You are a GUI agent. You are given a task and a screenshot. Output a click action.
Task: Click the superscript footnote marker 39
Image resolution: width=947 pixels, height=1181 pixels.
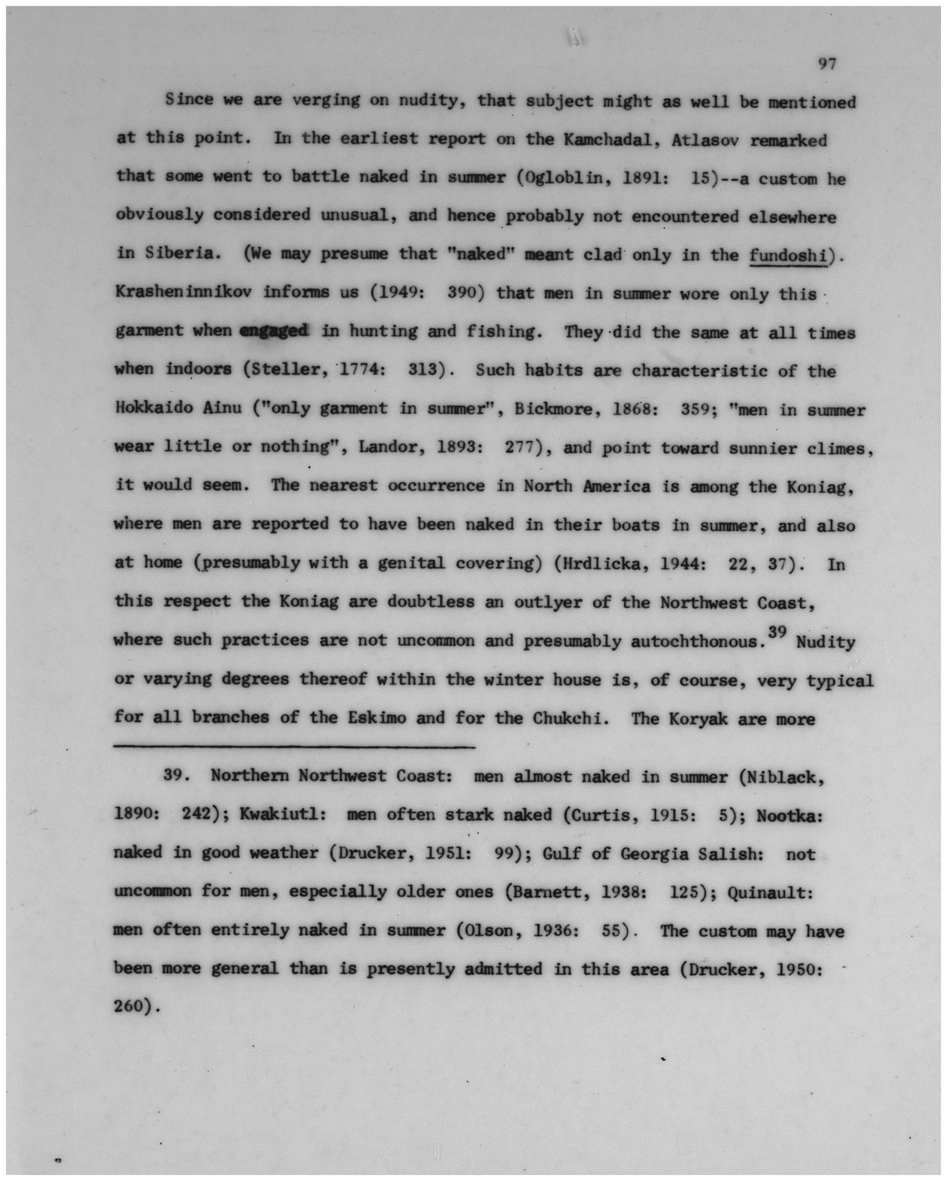[x=777, y=632]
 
